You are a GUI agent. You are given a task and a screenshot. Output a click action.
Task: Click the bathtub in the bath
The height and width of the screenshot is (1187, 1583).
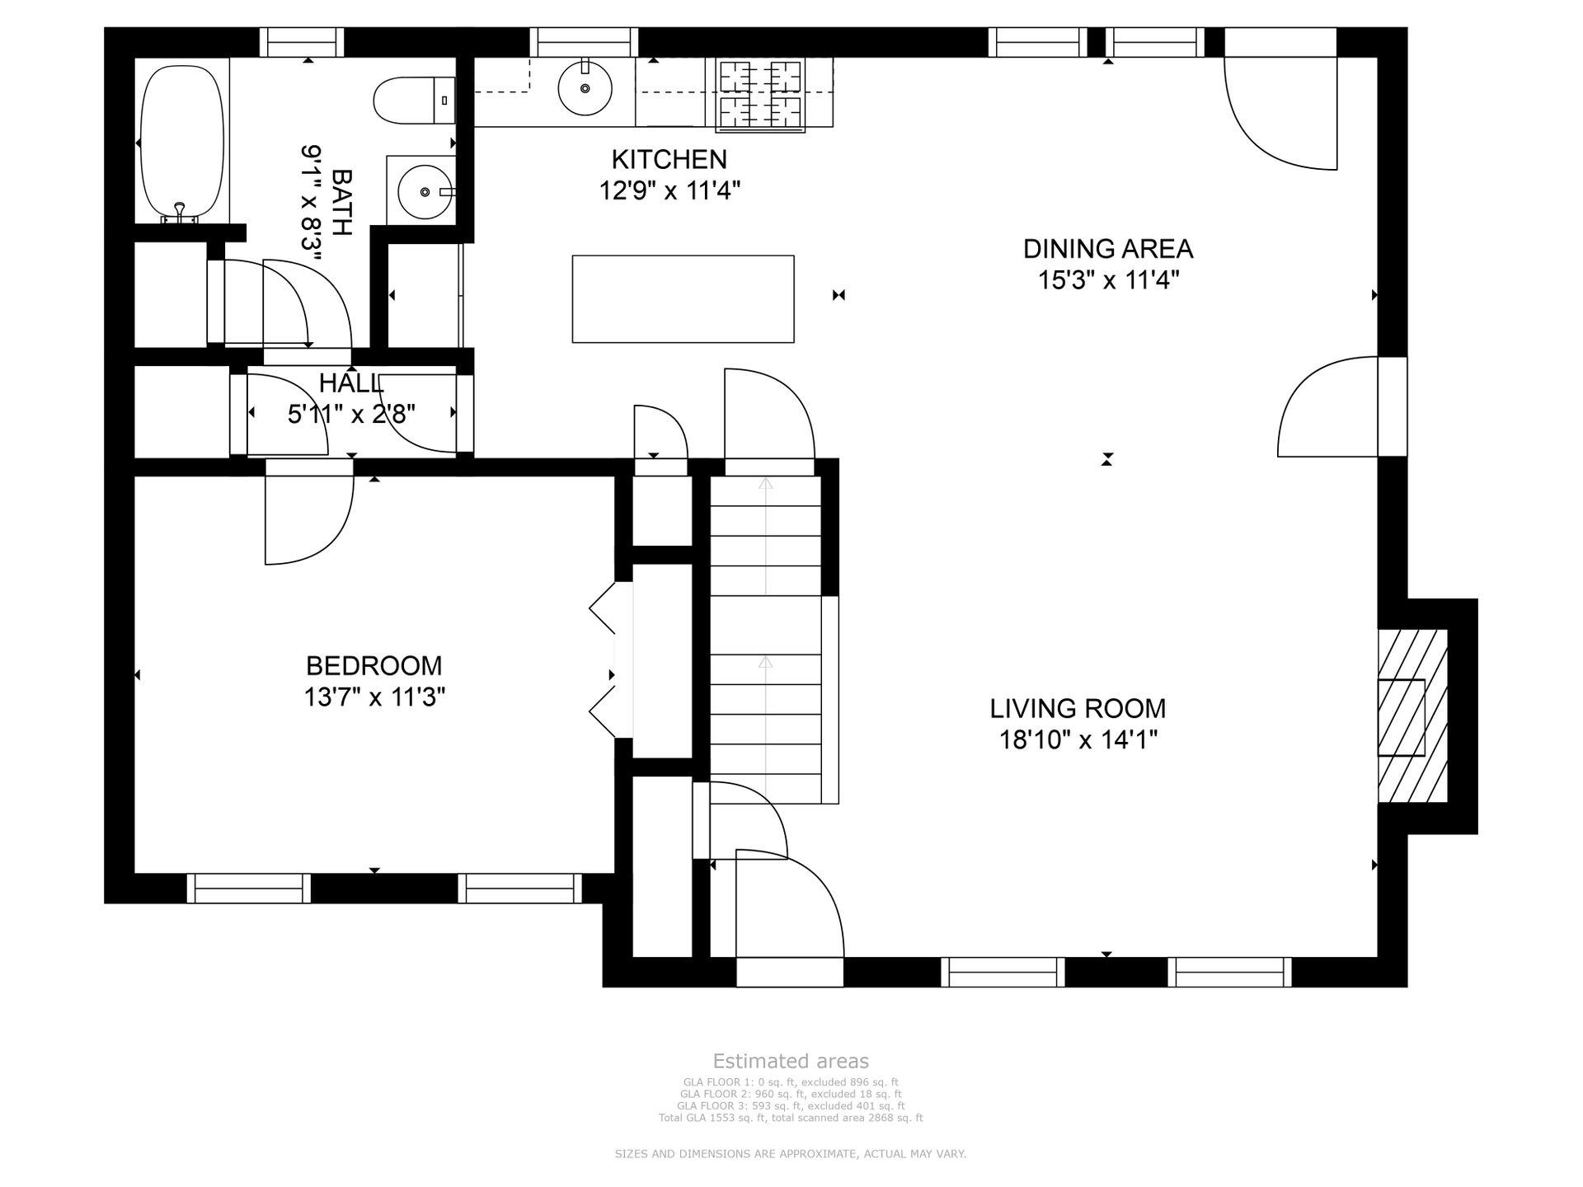[x=182, y=143]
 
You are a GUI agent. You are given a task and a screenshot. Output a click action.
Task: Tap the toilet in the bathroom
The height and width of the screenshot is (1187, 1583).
[x=414, y=101]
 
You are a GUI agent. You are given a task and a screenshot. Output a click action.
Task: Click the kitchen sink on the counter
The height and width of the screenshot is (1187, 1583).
[x=585, y=87]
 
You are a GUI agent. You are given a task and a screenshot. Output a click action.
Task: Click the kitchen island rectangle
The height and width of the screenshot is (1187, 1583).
[x=683, y=298]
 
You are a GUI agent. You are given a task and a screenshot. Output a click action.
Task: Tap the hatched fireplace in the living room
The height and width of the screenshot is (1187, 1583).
[x=1412, y=716]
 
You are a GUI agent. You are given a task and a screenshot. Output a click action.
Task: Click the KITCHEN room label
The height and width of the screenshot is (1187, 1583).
[x=669, y=158]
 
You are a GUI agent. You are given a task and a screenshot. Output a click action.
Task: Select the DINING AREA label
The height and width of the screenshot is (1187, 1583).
[x=1108, y=248]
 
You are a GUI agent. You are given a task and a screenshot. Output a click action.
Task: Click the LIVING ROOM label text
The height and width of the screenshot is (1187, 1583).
[x=1078, y=708]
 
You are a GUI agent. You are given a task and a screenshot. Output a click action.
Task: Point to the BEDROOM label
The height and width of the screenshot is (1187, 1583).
[x=373, y=665]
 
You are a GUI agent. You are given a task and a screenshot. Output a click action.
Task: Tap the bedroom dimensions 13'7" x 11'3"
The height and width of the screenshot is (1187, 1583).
[x=374, y=697]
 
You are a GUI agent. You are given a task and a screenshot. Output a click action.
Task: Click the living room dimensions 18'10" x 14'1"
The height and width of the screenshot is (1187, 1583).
[x=1078, y=740]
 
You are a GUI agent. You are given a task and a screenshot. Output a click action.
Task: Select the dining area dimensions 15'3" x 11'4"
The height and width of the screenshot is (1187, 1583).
[x=1108, y=280]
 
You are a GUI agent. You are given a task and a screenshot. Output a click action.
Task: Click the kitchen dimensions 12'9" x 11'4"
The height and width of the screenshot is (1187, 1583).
[x=669, y=190]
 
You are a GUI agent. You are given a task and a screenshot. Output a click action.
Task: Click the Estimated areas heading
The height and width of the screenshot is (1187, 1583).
[x=791, y=1061]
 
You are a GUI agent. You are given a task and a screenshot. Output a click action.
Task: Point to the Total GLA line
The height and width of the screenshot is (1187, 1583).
[x=791, y=1118]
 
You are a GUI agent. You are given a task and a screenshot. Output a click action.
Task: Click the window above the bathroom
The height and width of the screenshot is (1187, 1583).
[x=302, y=42]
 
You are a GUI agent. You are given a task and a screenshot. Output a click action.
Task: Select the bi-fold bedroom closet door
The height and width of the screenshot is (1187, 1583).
[x=603, y=659]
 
